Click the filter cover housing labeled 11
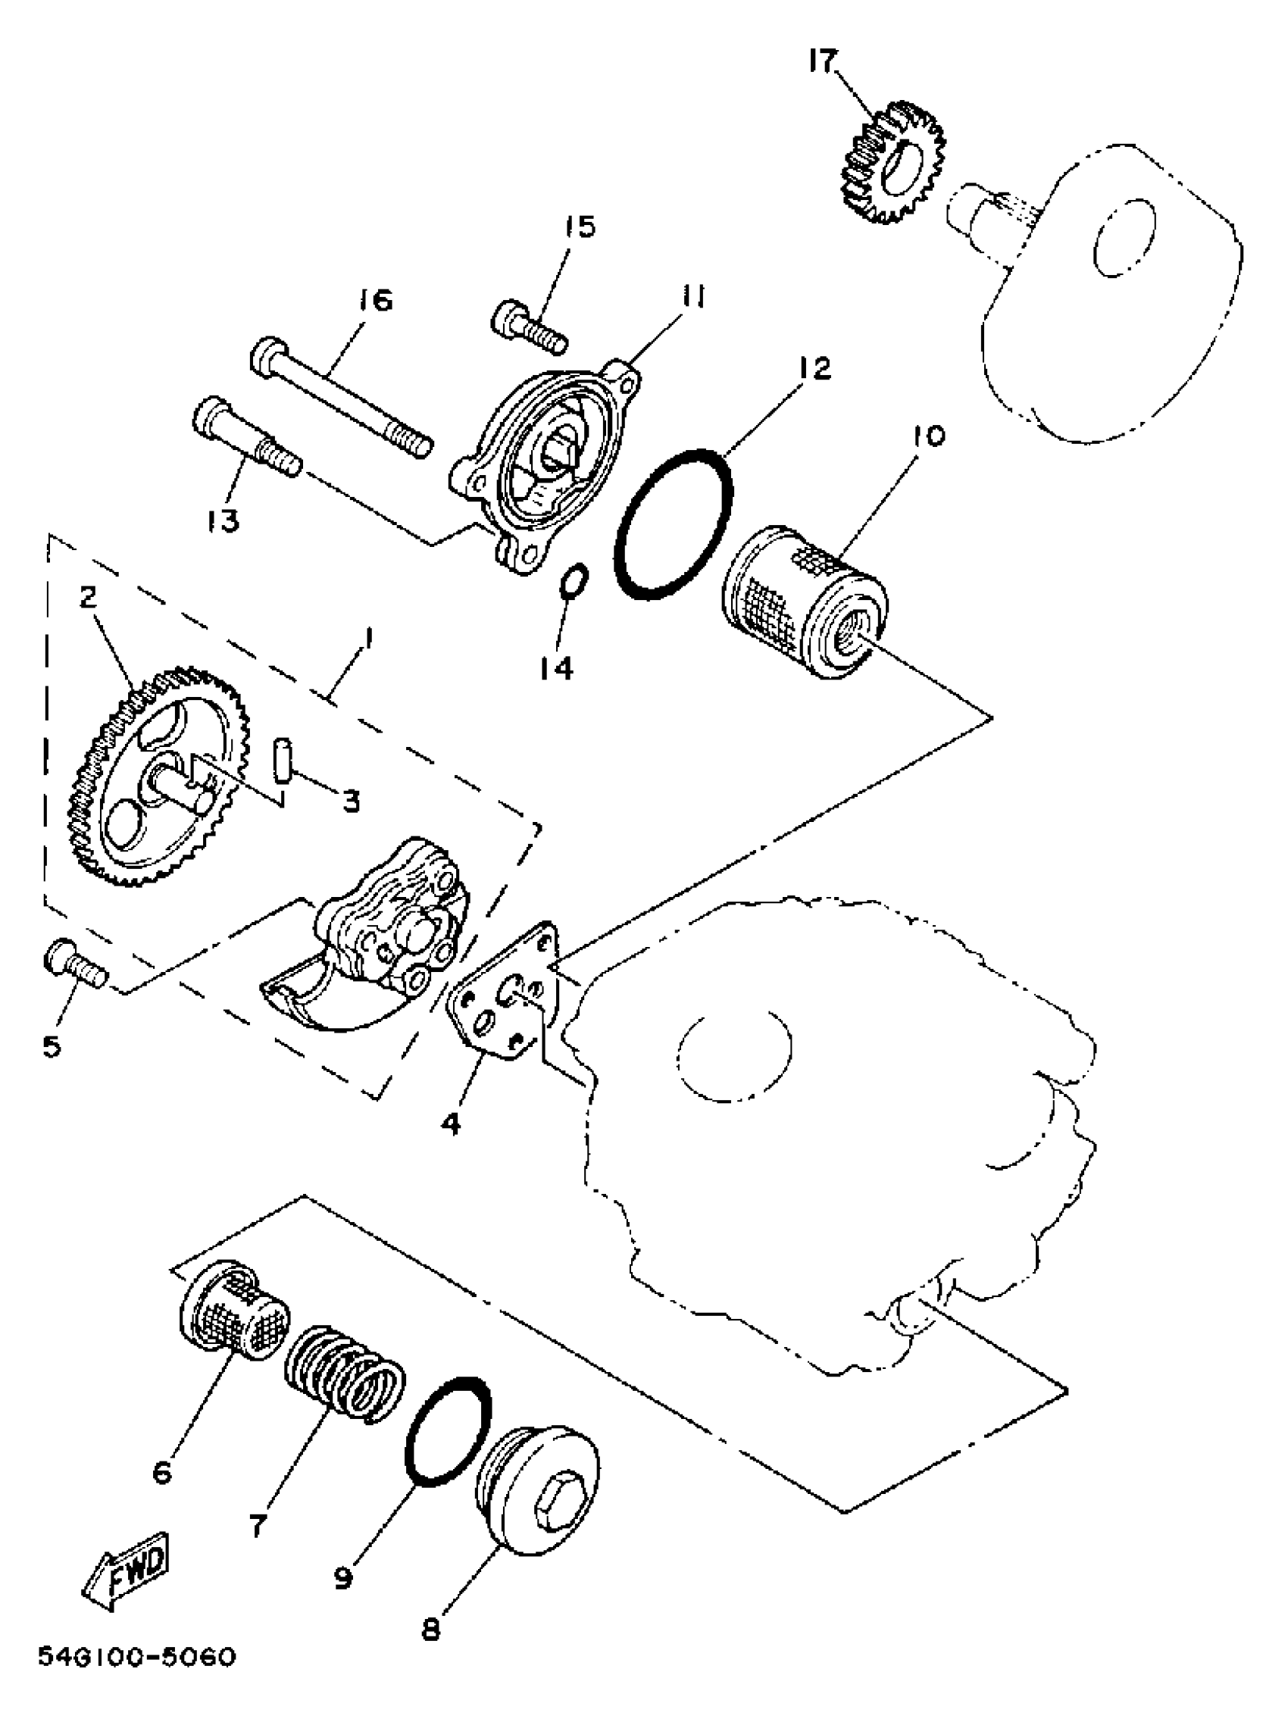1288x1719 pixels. click(x=544, y=466)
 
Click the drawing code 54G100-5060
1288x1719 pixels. click(x=136, y=1680)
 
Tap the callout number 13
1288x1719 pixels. click(x=223, y=521)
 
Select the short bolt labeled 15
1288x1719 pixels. click(x=530, y=327)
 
